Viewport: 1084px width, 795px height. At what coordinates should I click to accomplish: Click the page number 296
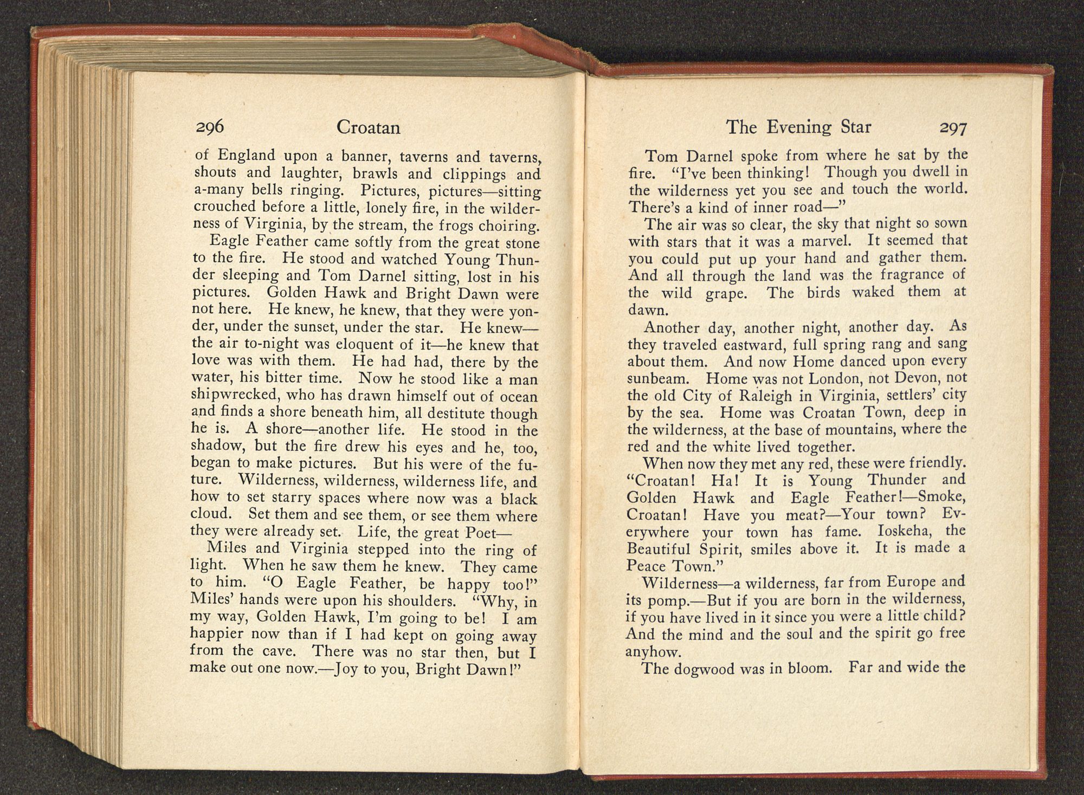pos(210,126)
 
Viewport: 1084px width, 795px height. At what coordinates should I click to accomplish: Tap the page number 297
pos(953,128)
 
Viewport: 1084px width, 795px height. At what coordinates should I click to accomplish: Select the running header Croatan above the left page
pos(368,127)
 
